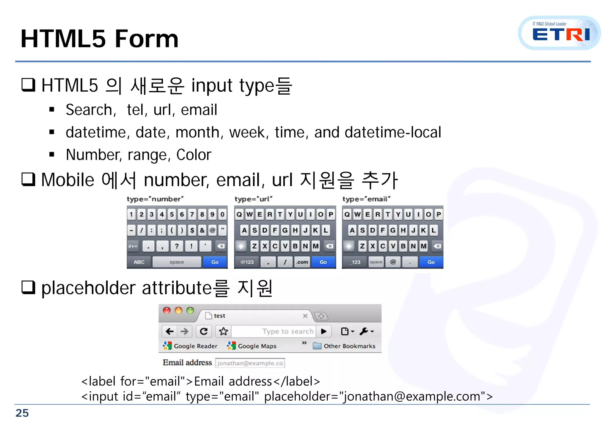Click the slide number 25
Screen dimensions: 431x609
point(22,413)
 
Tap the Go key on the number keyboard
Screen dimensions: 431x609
point(215,262)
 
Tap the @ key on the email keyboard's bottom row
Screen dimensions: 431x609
point(393,262)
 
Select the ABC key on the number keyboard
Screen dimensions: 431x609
point(139,262)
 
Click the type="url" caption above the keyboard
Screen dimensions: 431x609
point(253,199)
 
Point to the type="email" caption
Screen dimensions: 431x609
point(366,199)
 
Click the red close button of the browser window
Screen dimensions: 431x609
point(167,310)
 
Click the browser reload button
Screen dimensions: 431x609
point(204,331)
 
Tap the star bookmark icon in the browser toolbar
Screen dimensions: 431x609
point(223,331)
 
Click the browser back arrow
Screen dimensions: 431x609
point(169,331)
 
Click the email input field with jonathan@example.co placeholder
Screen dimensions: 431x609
point(250,363)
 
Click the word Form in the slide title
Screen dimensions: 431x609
point(146,39)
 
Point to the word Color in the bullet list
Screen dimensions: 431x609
point(194,155)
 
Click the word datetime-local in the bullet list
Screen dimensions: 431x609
point(393,132)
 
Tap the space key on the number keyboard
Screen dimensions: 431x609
point(177,262)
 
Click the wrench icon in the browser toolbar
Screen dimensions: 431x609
point(364,331)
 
